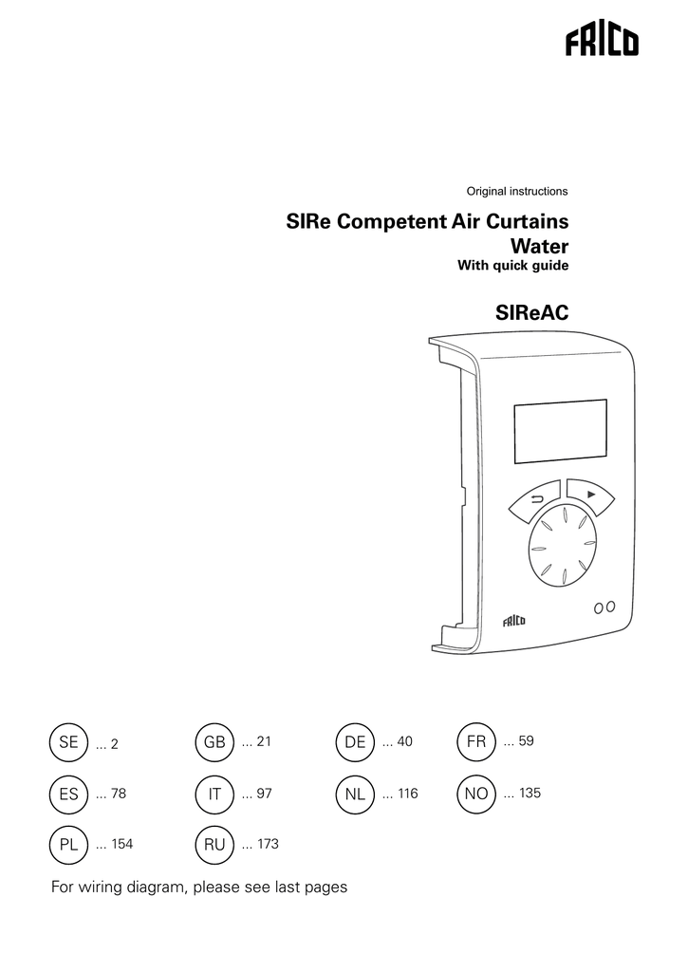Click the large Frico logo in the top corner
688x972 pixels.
pyautogui.click(x=602, y=43)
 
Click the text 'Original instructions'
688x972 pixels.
pyautogui.click(x=517, y=192)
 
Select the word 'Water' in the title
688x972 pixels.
pyautogui.click(x=539, y=246)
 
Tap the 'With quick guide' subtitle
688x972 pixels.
pyautogui.click(x=513, y=266)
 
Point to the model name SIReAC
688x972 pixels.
pyautogui.click(x=531, y=313)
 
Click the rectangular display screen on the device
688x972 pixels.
pyautogui.click(x=560, y=432)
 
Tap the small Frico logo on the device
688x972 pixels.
pyautogui.click(x=513, y=621)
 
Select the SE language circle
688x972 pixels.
pyautogui.click(x=68, y=742)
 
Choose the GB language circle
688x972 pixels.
pyautogui.click(x=214, y=742)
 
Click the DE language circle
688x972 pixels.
pyautogui.click(x=355, y=742)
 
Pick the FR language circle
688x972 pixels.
pyautogui.click(x=476, y=741)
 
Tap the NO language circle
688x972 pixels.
pyautogui.click(x=476, y=794)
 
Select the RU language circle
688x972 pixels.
pyautogui.click(x=214, y=844)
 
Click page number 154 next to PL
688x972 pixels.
pyautogui.click(x=122, y=844)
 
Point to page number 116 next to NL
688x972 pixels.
pyautogui.click(x=408, y=793)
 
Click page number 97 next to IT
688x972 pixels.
pyautogui.click(x=265, y=793)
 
